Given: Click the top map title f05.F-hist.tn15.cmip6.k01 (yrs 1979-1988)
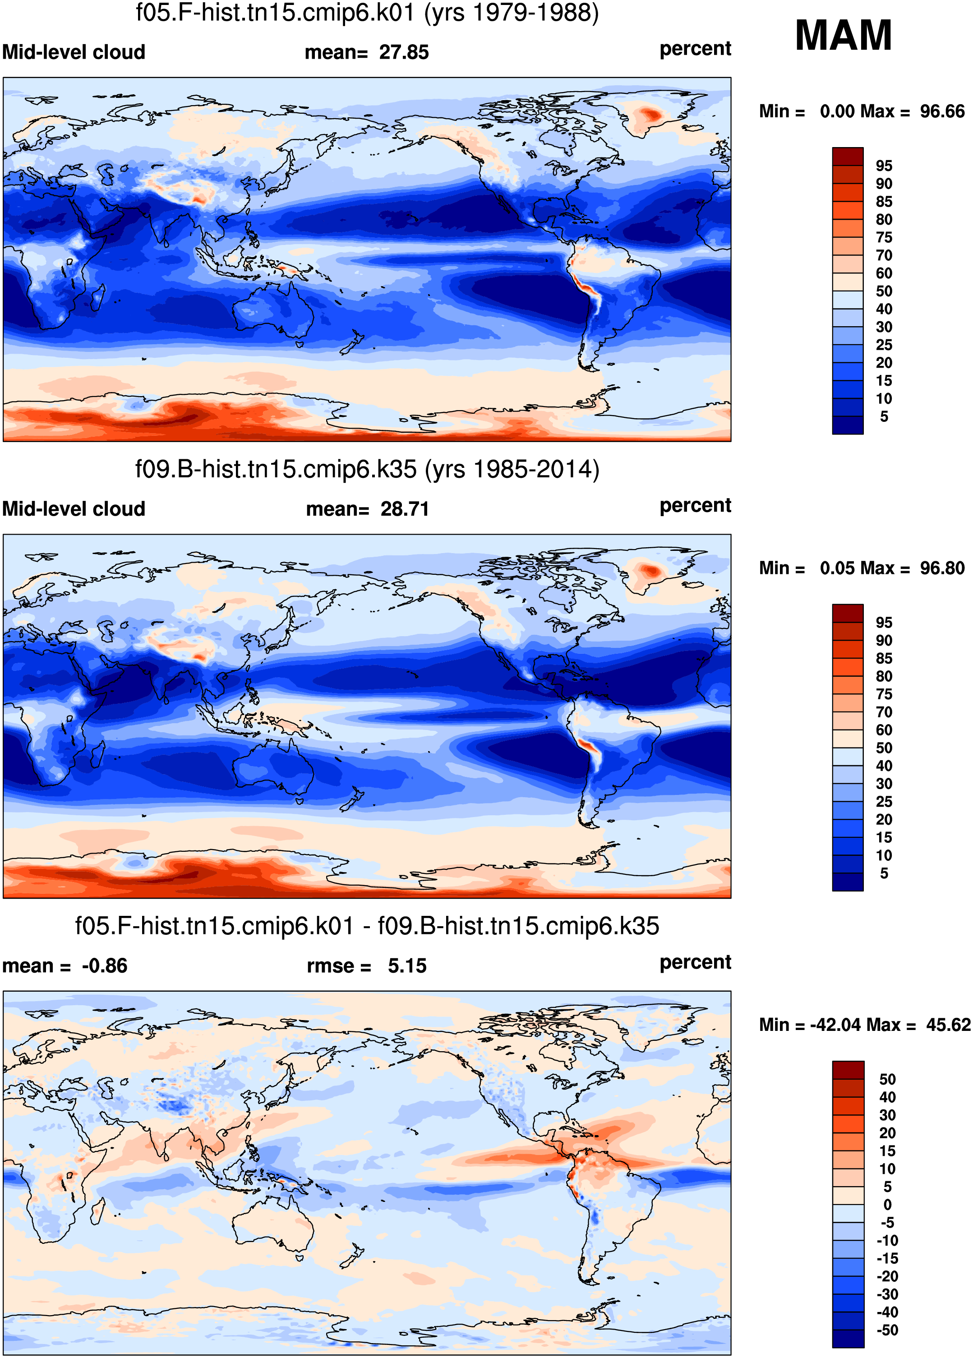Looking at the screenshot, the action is [367, 13].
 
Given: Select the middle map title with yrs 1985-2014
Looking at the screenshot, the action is [367, 469].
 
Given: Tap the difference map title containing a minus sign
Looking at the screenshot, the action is [367, 926].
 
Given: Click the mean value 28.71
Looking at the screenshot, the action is [405, 509].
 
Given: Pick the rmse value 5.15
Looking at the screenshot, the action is [407, 966].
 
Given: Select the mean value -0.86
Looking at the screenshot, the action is [105, 966].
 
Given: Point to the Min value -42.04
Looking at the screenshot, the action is [835, 1025].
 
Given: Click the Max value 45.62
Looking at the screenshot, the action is [949, 1025].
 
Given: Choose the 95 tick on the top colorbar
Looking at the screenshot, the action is [884, 166].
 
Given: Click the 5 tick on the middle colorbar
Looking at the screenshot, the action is [884, 873].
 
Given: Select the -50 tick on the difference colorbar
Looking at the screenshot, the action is [887, 1330].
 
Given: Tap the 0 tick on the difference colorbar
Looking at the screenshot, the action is [887, 1205].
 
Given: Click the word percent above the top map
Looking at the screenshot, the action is [695, 49].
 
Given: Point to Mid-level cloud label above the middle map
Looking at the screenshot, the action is [74, 509].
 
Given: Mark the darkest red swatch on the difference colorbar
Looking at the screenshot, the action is [848, 1070].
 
